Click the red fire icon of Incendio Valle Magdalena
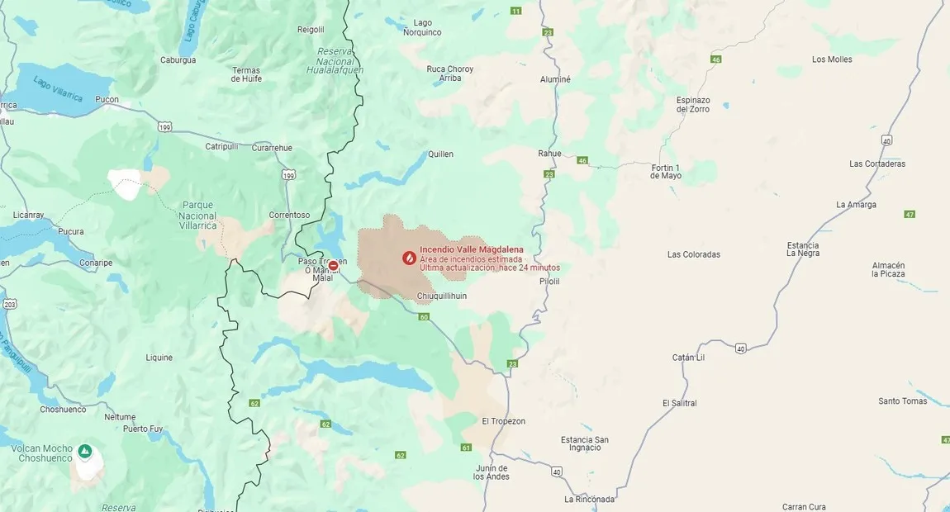[408, 258]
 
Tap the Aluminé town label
[555, 79]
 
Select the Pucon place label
[107, 100]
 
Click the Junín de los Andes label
[492, 472]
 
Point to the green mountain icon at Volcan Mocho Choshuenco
[85, 451]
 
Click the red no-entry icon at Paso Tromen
[333, 266]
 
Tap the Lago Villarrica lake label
[58, 89]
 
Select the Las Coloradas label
[694, 254]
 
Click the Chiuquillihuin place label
[442, 296]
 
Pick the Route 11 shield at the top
[516, 11]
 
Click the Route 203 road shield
[9, 304]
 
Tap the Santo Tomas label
[902, 401]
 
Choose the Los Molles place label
[832, 59]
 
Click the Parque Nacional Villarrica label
[197, 215]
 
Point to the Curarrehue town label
[272, 148]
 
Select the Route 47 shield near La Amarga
[910, 214]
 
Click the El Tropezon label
[503, 421]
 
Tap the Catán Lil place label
[688, 358]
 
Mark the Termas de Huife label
[246, 74]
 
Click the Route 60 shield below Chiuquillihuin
[424, 317]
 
